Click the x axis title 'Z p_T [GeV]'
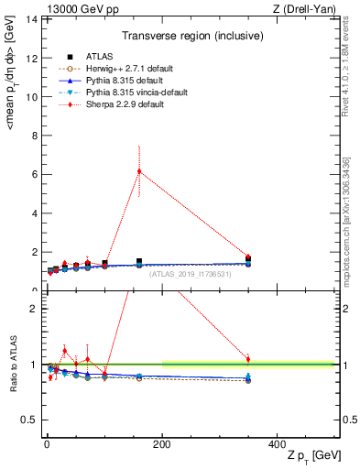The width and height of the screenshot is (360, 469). (307, 460)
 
